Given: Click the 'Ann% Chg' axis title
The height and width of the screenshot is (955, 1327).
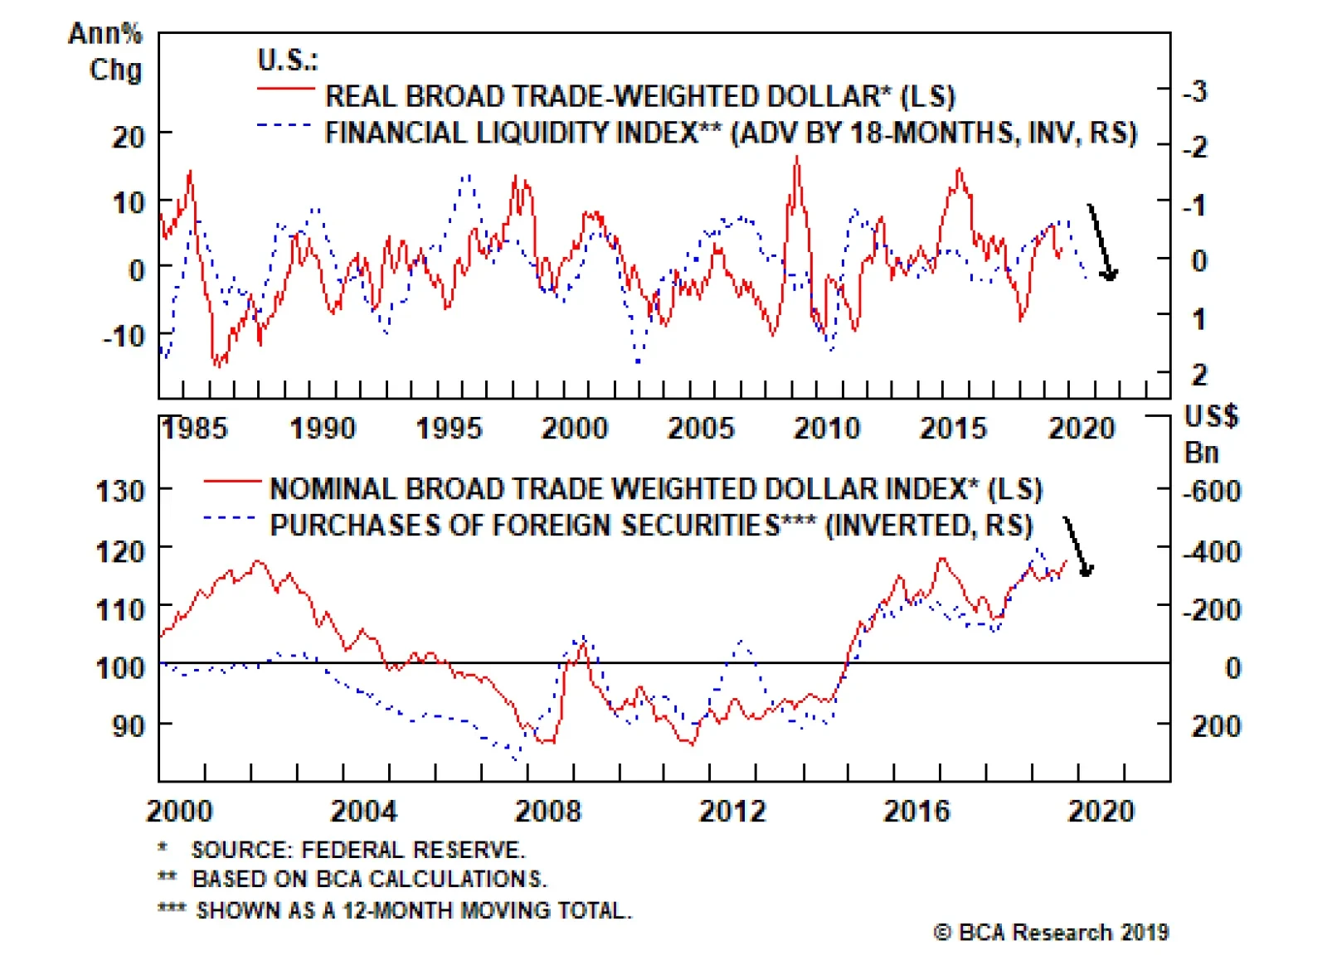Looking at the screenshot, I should tap(106, 51).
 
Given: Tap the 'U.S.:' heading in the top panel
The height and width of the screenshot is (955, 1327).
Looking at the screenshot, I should tap(287, 60).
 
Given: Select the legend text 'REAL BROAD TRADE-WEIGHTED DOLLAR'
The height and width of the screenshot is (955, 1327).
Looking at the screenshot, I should tap(639, 96).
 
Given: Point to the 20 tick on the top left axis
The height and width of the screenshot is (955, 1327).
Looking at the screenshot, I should tap(129, 136).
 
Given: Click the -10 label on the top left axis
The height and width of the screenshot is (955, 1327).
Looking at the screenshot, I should tap(124, 336).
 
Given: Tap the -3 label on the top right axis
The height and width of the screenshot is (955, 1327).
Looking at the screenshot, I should tap(1194, 91).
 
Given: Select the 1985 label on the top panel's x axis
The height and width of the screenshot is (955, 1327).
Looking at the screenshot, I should tap(195, 428).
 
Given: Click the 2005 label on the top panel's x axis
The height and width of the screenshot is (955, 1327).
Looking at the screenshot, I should tap(701, 428).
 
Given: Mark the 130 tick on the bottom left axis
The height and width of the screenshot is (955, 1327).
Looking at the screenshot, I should tap(121, 491).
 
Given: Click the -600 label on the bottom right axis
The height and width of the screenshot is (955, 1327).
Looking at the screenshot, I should tap(1212, 491).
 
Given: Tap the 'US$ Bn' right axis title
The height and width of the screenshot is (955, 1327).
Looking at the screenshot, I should tap(1210, 434).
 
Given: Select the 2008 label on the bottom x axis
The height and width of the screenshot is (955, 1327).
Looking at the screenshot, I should tap(547, 810).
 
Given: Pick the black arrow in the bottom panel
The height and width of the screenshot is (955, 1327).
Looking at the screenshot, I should tap(1078, 547).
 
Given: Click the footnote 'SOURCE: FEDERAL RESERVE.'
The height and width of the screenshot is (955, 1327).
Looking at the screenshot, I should tap(357, 850).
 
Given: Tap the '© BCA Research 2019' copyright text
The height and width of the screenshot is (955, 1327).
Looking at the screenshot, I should tap(1051, 932).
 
